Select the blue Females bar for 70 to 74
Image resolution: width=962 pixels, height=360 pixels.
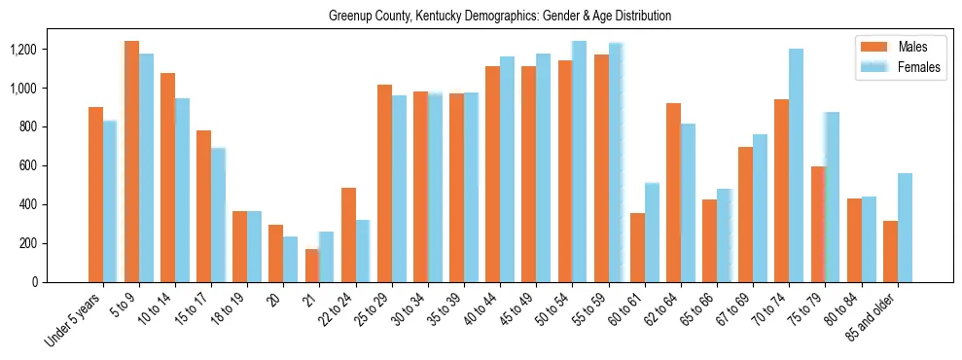tap(796, 165)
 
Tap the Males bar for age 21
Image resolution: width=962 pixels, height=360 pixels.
tap(312, 266)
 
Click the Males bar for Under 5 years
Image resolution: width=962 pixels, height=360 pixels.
tap(95, 195)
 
